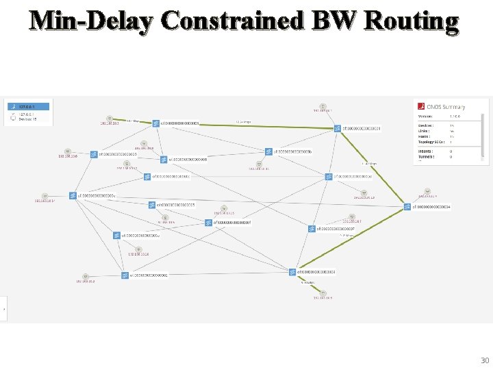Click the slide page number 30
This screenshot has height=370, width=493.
(x=485, y=360)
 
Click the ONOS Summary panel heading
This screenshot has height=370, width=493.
(x=445, y=107)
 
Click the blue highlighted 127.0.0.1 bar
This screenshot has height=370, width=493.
(x=28, y=107)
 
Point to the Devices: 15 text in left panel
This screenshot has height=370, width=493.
(x=28, y=119)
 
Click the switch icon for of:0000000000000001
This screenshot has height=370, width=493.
(x=338, y=128)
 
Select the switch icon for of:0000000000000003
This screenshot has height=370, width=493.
(x=292, y=271)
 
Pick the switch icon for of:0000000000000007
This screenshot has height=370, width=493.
(x=312, y=229)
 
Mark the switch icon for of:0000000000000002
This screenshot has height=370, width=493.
(x=125, y=275)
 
